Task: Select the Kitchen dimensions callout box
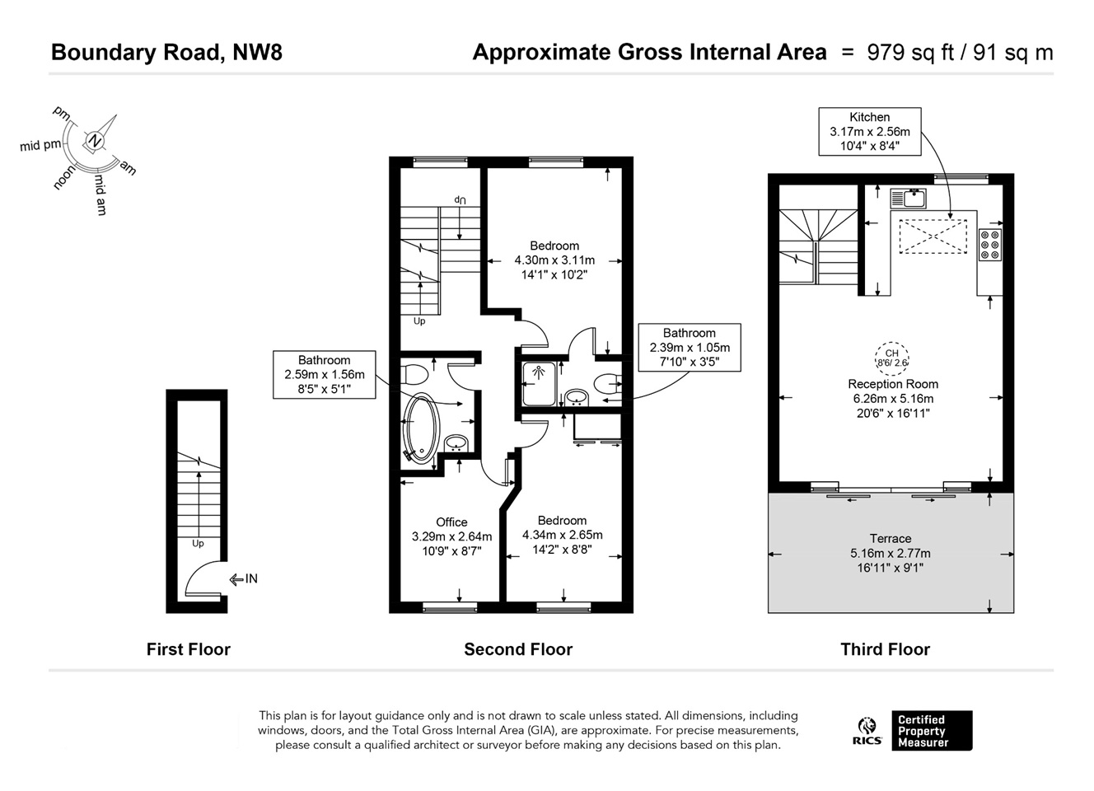(x=869, y=132)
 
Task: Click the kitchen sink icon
(x=909, y=198)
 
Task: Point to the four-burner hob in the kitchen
(x=989, y=245)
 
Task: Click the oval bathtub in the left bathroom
(x=421, y=428)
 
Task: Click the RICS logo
(x=867, y=731)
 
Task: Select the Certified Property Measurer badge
(x=932, y=731)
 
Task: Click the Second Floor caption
(x=517, y=649)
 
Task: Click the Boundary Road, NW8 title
(x=166, y=53)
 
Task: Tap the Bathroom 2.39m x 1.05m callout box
(x=689, y=347)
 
